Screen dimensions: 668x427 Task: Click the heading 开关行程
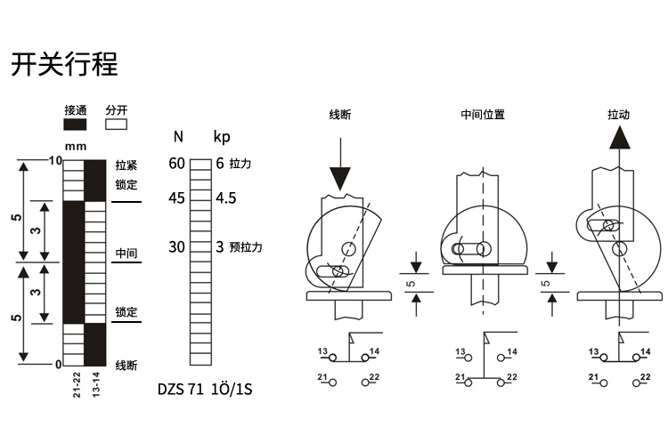tap(64, 64)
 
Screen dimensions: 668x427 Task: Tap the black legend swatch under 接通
tap(75, 125)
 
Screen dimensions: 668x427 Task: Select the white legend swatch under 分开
tap(117, 125)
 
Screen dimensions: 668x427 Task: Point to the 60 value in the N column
tap(177, 164)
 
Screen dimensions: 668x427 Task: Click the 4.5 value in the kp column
tap(226, 198)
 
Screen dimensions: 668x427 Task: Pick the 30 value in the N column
tap(177, 246)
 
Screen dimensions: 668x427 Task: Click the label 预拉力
tap(246, 247)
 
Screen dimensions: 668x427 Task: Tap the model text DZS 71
tap(181, 389)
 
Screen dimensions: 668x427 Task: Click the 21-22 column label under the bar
tap(77, 385)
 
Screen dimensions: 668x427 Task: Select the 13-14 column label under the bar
tap(96, 385)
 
